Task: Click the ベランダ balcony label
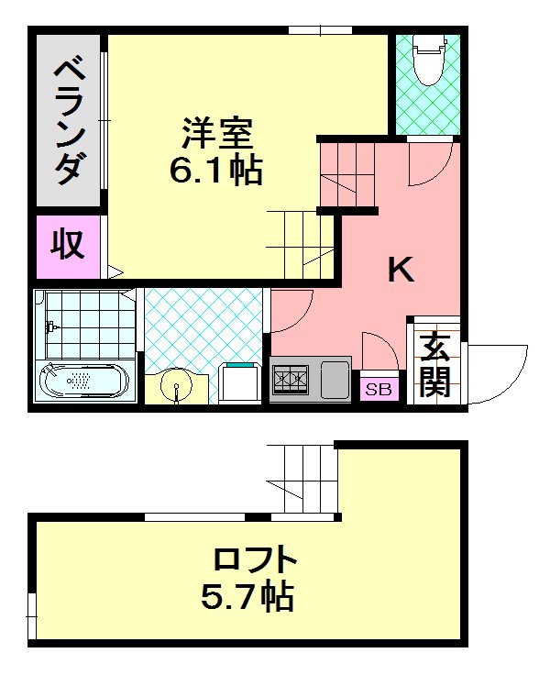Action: coord(70,120)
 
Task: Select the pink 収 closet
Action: coord(68,246)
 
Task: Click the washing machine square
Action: coord(241,382)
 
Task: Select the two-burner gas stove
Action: coord(292,379)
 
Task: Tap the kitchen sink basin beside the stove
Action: coord(334,378)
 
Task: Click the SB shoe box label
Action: coord(379,390)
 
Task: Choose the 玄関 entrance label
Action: coord(436,364)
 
